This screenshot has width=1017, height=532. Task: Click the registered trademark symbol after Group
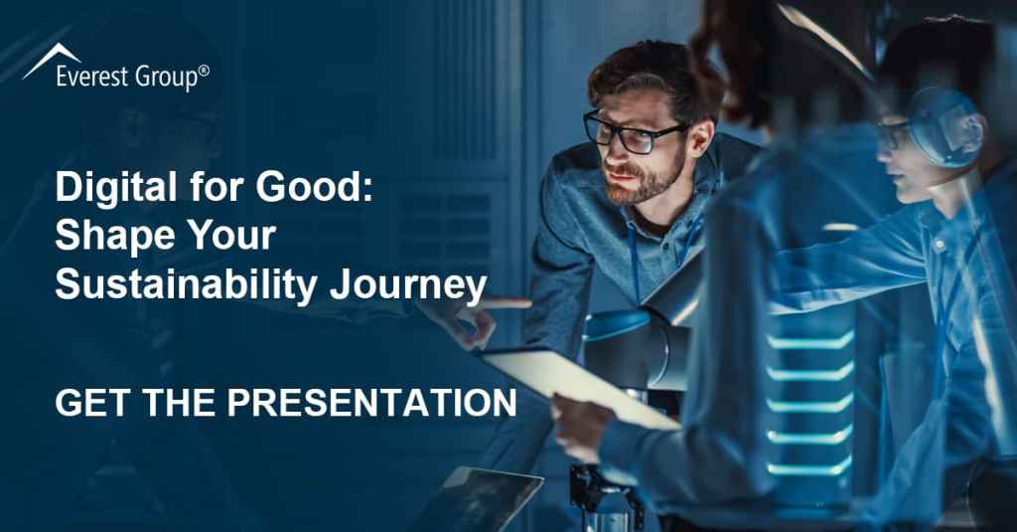(x=204, y=71)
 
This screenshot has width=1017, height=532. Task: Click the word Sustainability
(x=186, y=284)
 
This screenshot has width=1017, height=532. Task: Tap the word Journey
(x=408, y=284)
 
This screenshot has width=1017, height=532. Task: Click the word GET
(x=92, y=403)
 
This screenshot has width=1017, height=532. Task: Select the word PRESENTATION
(x=371, y=403)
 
